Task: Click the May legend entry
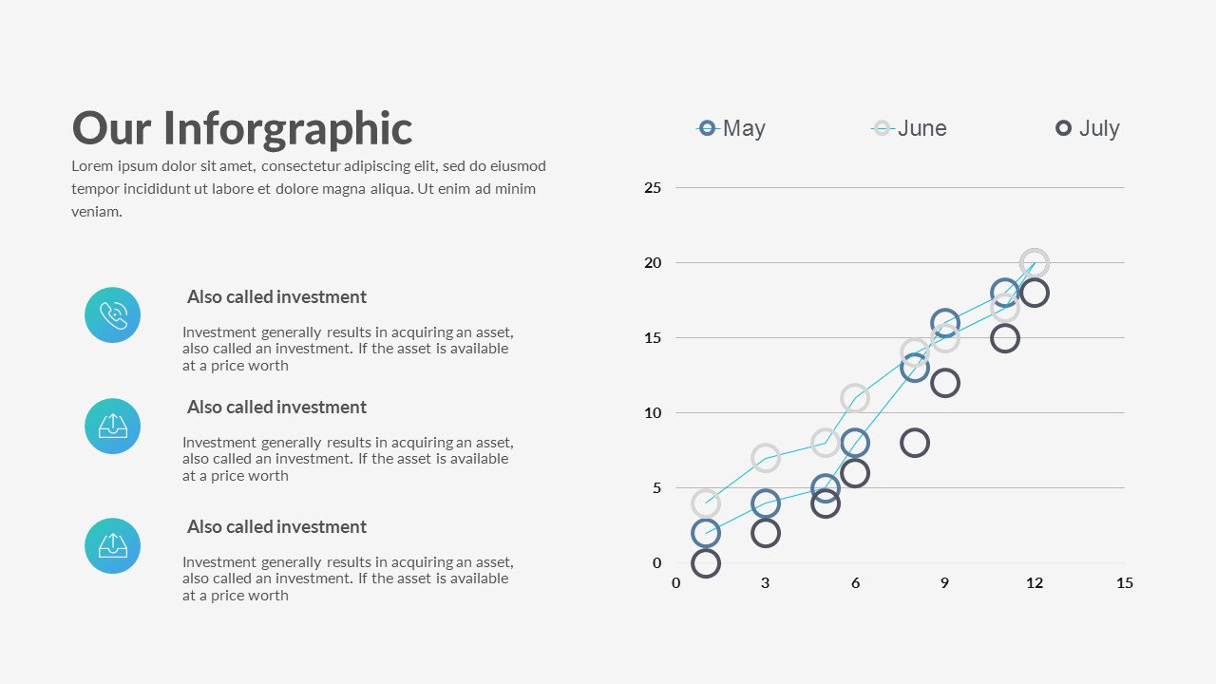pyautogui.click(x=731, y=128)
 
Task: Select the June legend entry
pyautogui.click(x=909, y=128)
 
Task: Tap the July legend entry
pyautogui.click(x=1088, y=128)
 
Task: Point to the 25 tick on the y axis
pyautogui.click(x=653, y=188)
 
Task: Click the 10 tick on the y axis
pyautogui.click(x=653, y=413)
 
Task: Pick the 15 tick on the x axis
pyautogui.click(x=1124, y=583)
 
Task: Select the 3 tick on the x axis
pyautogui.click(x=765, y=583)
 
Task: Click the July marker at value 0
pyautogui.click(x=705, y=563)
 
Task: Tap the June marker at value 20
pyautogui.click(x=1035, y=263)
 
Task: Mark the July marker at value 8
pyautogui.click(x=915, y=443)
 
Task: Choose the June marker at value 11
pyautogui.click(x=855, y=398)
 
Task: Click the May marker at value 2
pyautogui.click(x=705, y=533)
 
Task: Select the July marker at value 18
pyautogui.click(x=1035, y=293)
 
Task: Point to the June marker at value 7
pyautogui.click(x=765, y=458)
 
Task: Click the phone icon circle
pyautogui.click(x=112, y=314)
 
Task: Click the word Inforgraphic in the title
pyautogui.click(x=288, y=128)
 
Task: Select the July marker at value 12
pyautogui.click(x=944, y=383)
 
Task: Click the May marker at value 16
pyautogui.click(x=944, y=323)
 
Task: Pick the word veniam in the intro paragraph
pyautogui.click(x=96, y=212)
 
